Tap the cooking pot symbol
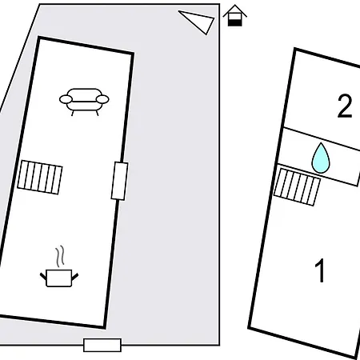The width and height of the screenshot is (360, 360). click(59, 278)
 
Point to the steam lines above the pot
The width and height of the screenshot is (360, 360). click(60, 256)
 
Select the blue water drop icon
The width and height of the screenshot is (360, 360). click(321, 158)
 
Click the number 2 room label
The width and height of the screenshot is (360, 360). click(345, 106)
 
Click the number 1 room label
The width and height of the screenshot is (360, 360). click(320, 270)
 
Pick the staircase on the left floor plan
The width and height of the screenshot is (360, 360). click(40, 178)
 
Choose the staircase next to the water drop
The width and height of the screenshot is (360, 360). click(297, 187)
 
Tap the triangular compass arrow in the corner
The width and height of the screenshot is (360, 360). click(198, 22)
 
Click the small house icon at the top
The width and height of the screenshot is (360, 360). click(234, 15)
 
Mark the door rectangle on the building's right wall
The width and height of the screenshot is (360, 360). click(119, 181)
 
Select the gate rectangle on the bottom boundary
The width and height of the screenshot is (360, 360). click(102, 345)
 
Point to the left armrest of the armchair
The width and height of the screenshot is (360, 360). click(66, 99)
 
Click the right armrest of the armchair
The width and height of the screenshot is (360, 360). click(102, 99)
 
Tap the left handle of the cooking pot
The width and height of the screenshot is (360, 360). click(43, 276)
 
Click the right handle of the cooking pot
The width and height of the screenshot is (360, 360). click(75, 276)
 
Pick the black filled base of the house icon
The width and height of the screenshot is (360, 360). click(234, 23)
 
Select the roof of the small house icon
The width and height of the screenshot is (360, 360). click(234, 10)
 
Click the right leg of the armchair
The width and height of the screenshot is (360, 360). click(97, 113)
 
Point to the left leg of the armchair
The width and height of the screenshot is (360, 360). click(72, 113)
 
